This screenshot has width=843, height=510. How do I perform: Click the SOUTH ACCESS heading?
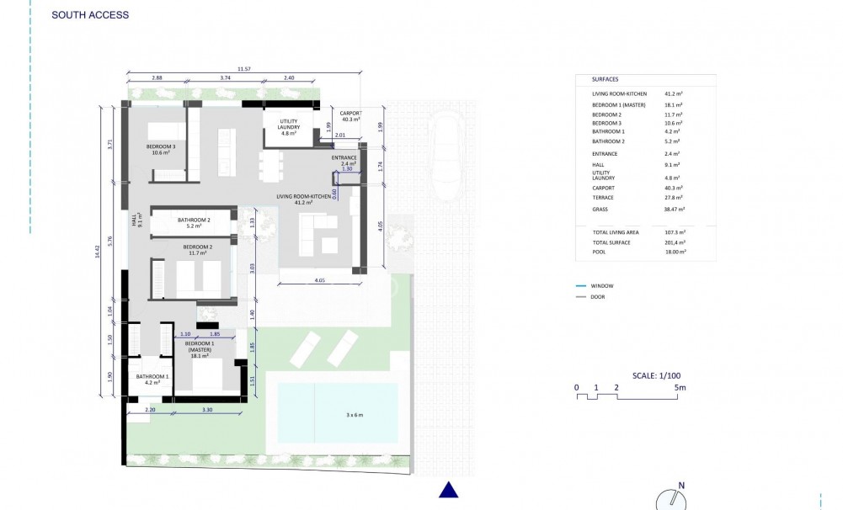90,15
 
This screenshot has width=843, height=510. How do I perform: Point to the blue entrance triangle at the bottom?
449,490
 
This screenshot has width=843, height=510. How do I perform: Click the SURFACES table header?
605,78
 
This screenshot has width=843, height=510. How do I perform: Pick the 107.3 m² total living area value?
673,231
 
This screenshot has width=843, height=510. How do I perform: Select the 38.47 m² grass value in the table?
674,209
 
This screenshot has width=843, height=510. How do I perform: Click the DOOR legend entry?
598,297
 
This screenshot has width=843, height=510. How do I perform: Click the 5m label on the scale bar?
681,388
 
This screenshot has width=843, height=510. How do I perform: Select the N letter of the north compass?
681,485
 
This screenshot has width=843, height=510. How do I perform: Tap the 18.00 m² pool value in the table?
674,252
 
